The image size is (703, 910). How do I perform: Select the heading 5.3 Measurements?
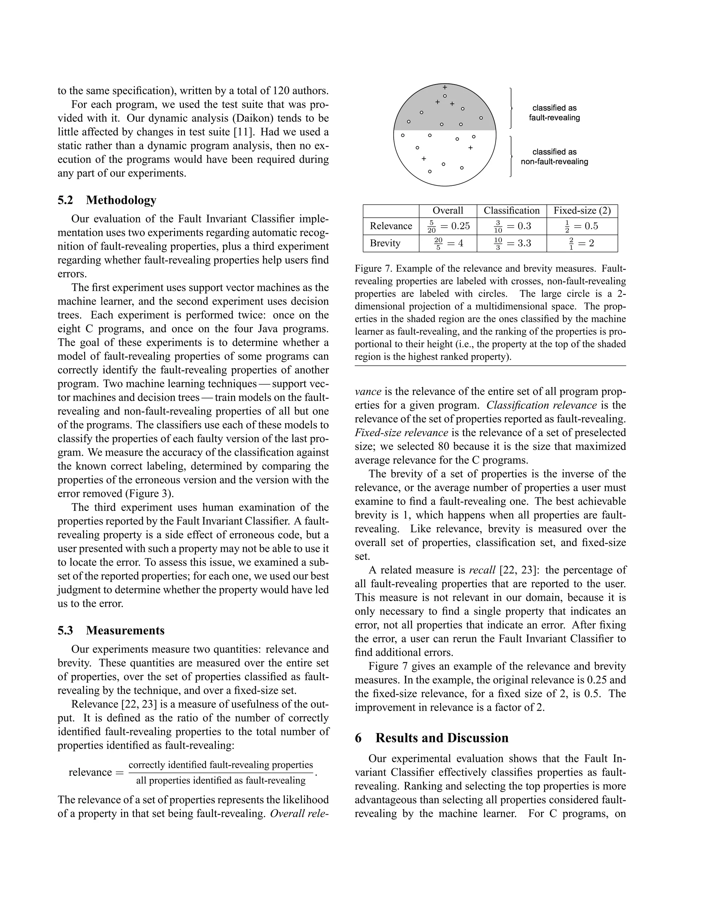coord(111,630)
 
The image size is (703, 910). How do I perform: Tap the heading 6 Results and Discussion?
coord(431,738)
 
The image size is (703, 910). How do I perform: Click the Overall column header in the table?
coord(448,211)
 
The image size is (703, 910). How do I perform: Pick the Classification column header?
coord(511,211)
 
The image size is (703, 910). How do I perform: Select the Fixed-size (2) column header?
coord(582,211)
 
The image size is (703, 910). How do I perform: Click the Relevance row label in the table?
coord(391,226)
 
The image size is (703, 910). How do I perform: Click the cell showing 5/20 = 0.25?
coord(448,226)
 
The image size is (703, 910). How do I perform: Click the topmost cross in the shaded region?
coord(445,88)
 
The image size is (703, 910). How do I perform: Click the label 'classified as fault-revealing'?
coord(554,113)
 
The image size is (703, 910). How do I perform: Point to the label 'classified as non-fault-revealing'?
coord(554,157)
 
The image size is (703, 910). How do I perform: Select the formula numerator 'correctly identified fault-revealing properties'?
coord(221,765)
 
